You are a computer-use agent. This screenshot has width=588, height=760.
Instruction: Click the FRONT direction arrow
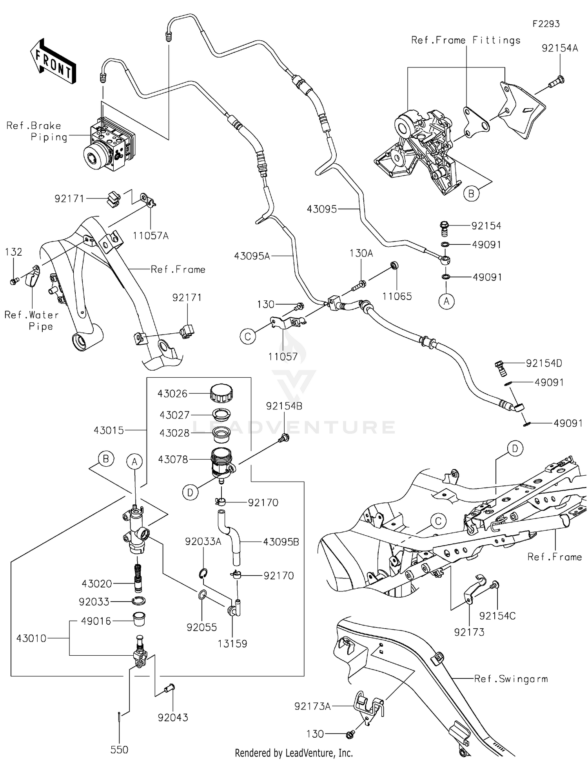click(53, 62)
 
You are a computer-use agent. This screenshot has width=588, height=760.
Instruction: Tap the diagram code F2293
click(546, 24)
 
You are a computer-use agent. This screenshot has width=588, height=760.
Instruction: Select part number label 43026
click(172, 394)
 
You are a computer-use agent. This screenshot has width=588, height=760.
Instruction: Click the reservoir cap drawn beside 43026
click(221, 393)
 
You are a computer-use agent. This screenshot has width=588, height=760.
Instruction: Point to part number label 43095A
click(252, 256)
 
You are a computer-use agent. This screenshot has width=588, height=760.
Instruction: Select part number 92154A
click(559, 48)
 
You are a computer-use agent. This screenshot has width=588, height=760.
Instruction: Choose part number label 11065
click(397, 296)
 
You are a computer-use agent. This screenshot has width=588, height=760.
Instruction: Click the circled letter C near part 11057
click(248, 336)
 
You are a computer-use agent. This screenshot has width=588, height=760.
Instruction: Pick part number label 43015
click(109, 430)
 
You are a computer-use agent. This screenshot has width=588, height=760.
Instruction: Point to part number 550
click(119, 749)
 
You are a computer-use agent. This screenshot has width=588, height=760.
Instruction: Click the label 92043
click(173, 717)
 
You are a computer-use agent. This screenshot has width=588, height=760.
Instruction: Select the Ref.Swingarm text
click(511, 678)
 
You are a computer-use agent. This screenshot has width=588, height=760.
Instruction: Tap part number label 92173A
click(312, 706)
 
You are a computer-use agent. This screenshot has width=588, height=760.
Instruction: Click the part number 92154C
click(497, 616)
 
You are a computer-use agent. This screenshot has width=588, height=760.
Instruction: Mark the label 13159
click(232, 644)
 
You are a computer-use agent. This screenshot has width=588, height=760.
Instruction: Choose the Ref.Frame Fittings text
click(466, 40)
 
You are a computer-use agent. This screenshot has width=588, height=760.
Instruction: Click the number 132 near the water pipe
click(13, 252)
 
